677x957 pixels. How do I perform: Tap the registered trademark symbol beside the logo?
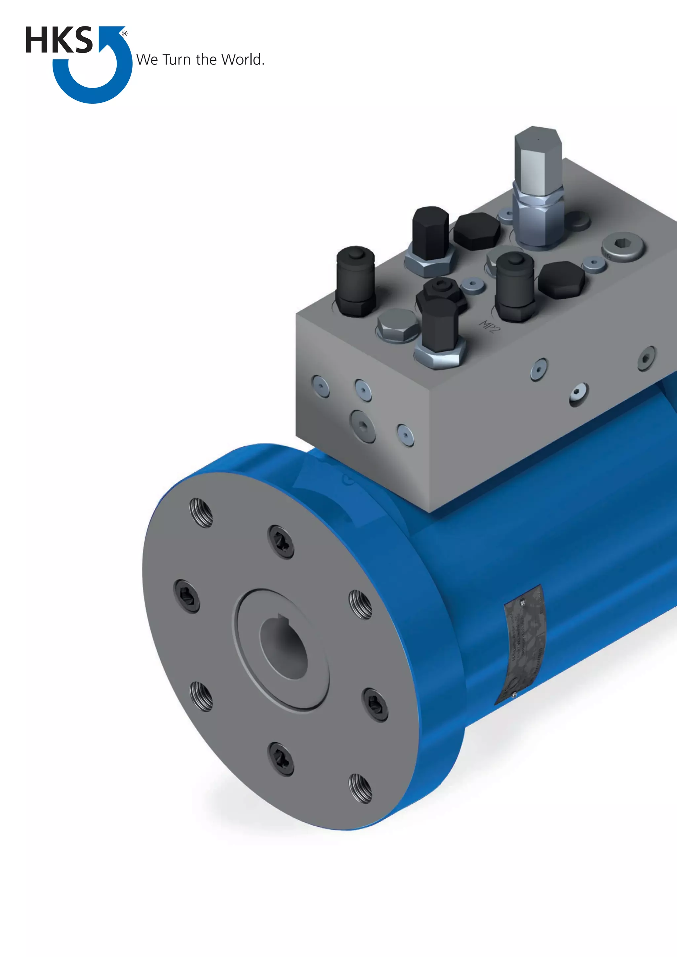click(124, 34)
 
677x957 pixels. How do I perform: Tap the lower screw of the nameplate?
click(514, 694)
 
